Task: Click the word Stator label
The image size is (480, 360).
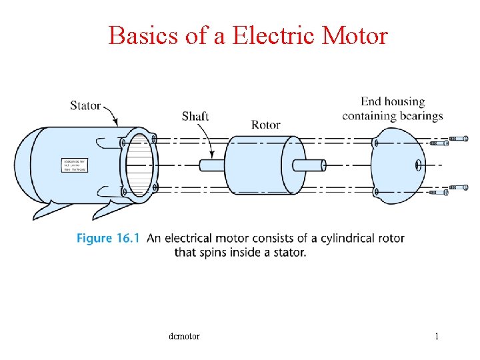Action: point(85,105)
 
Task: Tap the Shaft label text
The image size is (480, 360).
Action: point(195,116)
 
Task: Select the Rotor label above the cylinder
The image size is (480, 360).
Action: point(265,125)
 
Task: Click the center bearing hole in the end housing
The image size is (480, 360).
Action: point(418,165)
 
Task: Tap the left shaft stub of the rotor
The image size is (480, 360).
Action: point(212,165)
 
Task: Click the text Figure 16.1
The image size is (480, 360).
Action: point(107,238)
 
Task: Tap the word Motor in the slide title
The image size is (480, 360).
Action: point(354,35)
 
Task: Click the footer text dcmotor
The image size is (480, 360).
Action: point(185,336)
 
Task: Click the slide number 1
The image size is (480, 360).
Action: point(437,336)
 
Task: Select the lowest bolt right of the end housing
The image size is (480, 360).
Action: point(439,192)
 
